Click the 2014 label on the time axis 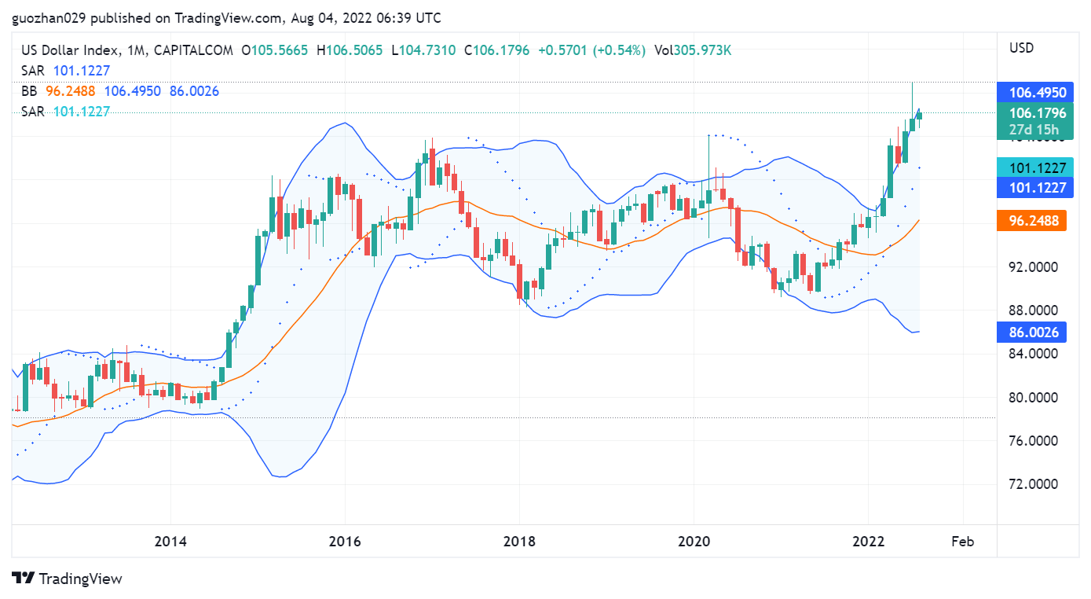click(170, 542)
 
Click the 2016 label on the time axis click(345, 542)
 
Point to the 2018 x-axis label click(519, 542)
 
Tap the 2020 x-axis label click(694, 542)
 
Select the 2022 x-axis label click(869, 542)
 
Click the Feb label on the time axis click(962, 542)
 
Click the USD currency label click(1021, 48)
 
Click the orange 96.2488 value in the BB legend click(71, 91)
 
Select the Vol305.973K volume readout click(693, 50)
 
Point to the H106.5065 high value click(350, 50)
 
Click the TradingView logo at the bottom click(68, 579)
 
